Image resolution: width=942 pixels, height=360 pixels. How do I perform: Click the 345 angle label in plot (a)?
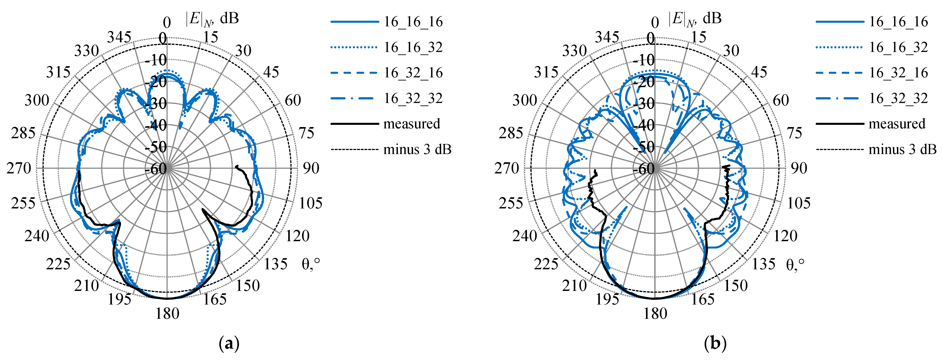119,37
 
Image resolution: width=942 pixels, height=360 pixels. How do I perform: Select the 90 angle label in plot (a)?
311,168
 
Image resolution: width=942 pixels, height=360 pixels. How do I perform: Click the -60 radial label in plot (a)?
156,169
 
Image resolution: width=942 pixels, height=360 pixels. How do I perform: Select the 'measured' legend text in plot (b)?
897,124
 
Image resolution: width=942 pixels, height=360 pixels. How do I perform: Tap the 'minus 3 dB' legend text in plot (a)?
417,149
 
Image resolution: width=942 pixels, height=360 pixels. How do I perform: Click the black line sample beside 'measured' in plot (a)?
354,124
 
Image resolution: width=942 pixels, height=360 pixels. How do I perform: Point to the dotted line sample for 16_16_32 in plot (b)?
839,47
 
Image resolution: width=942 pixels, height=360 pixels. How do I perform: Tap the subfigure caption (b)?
715,344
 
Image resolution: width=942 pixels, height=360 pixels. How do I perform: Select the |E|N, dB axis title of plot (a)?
212,18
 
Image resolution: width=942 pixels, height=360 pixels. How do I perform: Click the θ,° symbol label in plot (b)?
795,264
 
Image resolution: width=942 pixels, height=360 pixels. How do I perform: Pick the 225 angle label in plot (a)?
58,264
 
